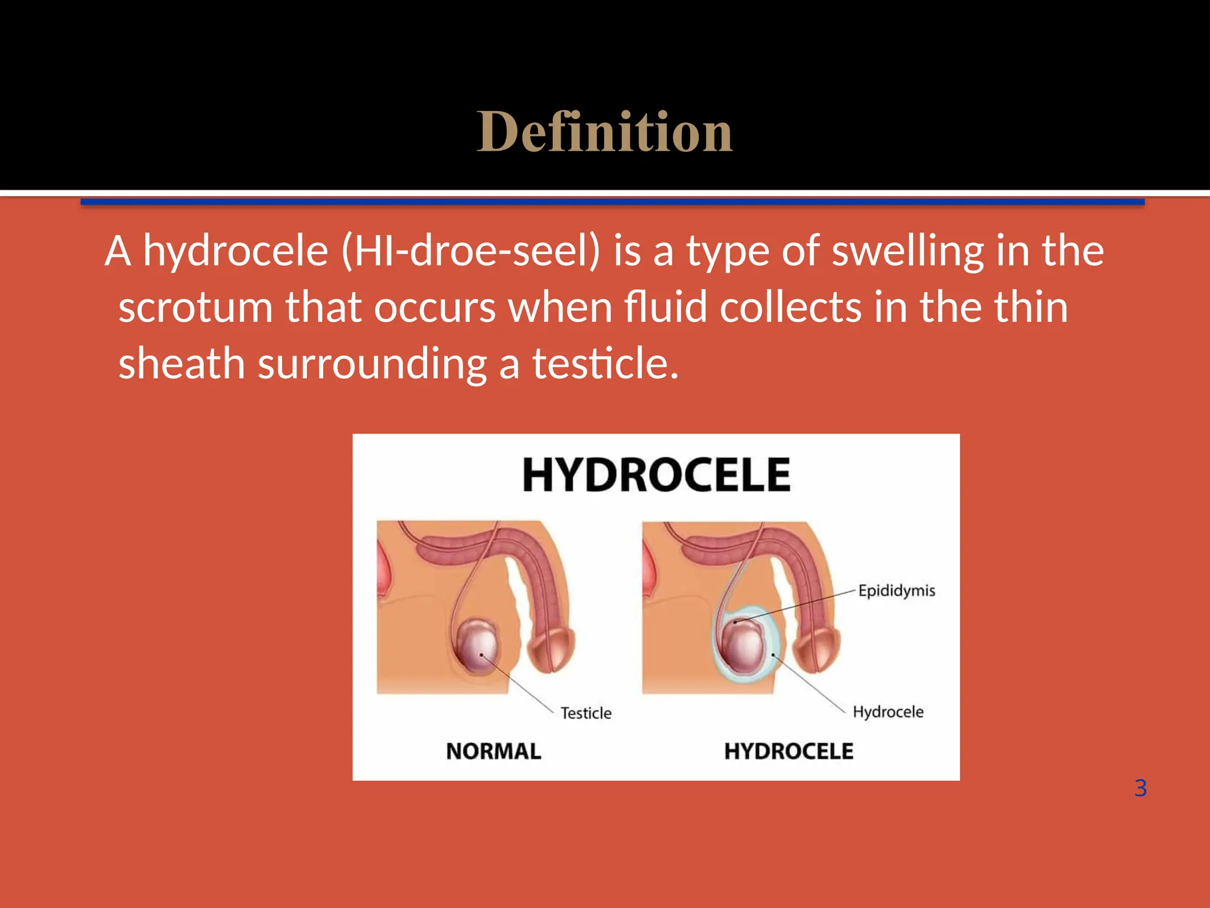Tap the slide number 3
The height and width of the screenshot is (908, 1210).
click(1140, 788)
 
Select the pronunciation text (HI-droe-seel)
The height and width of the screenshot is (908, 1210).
click(471, 251)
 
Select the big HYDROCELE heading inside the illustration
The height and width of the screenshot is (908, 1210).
click(656, 475)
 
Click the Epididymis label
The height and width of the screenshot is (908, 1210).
click(896, 591)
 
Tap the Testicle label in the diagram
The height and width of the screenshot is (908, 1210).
click(586, 713)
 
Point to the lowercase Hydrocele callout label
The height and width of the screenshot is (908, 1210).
click(887, 712)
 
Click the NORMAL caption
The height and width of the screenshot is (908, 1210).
click(493, 751)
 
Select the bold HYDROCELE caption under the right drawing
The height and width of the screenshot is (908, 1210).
click(788, 751)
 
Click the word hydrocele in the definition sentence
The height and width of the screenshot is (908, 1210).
click(236, 251)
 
